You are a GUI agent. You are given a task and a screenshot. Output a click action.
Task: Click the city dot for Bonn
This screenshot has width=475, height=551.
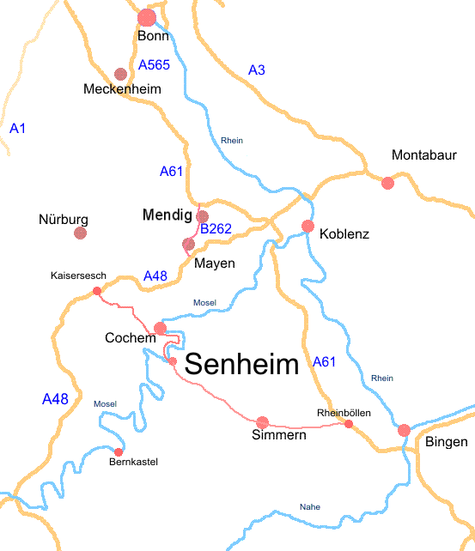click(147, 17)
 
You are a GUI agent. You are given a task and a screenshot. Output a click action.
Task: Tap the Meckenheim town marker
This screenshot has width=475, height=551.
click(120, 75)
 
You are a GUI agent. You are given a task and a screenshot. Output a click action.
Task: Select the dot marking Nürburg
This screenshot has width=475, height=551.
click(81, 233)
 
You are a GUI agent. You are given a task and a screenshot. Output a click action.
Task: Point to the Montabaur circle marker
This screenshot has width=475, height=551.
click(387, 182)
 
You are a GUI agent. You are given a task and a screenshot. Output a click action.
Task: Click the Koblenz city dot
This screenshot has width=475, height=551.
click(308, 226)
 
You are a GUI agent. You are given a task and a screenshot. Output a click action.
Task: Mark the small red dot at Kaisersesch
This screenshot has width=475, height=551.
click(96, 292)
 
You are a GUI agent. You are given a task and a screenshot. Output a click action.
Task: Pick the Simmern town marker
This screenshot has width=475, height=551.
click(263, 421)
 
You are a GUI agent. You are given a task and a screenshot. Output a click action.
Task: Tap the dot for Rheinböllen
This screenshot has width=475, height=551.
click(349, 424)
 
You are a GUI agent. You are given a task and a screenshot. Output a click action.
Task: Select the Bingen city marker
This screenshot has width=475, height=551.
click(404, 430)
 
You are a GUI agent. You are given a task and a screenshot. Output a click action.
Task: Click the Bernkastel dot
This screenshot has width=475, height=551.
click(119, 451)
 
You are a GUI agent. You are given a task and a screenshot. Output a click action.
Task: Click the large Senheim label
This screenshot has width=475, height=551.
click(241, 364)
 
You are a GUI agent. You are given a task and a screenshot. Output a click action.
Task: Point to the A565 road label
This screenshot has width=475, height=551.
click(154, 64)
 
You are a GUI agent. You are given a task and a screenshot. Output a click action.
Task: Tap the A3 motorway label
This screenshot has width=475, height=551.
click(256, 70)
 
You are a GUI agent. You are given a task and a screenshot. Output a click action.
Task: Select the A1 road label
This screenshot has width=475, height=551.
click(18, 128)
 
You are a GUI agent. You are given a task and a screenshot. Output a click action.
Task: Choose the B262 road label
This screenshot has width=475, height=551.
click(216, 229)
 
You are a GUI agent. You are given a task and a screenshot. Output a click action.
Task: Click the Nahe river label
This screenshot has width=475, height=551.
click(309, 507)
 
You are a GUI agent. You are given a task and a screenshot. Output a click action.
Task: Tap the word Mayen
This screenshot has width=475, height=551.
click(214, 263)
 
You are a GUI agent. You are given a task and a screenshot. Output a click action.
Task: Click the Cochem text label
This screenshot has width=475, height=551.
click(130, 337)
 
